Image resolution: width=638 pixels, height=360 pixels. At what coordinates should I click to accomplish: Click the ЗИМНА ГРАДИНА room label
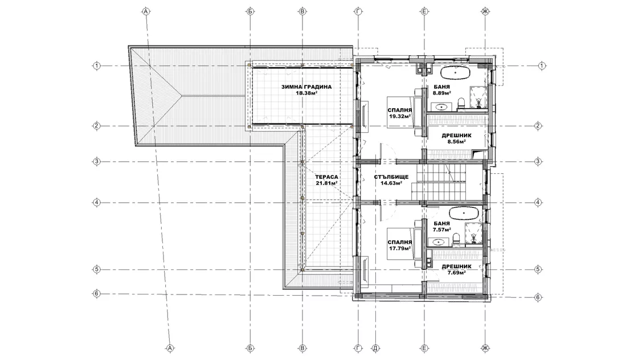pyautogui.click(x=306, y=87)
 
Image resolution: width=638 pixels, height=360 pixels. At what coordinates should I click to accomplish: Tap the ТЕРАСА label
pyautogui.click(x=326, y=177)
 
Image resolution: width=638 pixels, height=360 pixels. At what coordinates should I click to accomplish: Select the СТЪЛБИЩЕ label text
pyautogui.click(x=391, y=177)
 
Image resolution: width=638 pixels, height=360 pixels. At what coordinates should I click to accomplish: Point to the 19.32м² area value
pyautogui.click(x=400, y=116)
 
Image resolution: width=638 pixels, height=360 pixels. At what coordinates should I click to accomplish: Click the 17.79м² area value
pyautogui.click(x=400, y=248)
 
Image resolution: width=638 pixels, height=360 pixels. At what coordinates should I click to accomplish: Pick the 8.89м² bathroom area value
pyautogui.click(x=442, y=93)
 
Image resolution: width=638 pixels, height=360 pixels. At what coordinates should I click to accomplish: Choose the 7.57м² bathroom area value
pyautogui.click(x=442, y=230)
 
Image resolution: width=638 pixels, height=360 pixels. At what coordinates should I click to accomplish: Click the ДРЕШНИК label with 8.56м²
pyautogui.click(x=456, y=136)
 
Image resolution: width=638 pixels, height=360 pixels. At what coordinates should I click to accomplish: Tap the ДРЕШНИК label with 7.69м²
pyautogui.click(x=456, y=267)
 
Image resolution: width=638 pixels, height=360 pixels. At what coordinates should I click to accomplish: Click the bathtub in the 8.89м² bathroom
pyautogui.click(x=456, y=73)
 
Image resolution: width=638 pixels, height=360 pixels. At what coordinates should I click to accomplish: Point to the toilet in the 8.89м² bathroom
pyautogui.click(x=461, y=103)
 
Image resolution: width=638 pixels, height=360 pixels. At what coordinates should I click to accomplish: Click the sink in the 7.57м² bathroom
pyautogui.click(x=439, y=243)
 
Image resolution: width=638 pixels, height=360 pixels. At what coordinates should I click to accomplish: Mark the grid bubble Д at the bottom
pyautogui.click(x=375, y=348)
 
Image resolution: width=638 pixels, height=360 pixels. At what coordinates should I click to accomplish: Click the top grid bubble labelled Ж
pyautogui.click(x=485, y=11)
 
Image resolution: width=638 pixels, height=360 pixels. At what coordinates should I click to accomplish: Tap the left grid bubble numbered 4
pyautogui.click(x=96, y=202)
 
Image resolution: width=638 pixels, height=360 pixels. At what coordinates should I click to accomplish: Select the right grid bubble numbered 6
pyautogui.click(x=538, y=297)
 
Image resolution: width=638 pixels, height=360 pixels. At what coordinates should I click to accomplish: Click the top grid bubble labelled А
pyautogui.click(x=146, y=11)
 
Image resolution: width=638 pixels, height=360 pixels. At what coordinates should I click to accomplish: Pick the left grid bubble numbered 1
pyautogui.click(x=96, y=66)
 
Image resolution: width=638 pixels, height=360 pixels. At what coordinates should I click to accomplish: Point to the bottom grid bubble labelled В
pyautogui.click(x=302, y=348)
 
